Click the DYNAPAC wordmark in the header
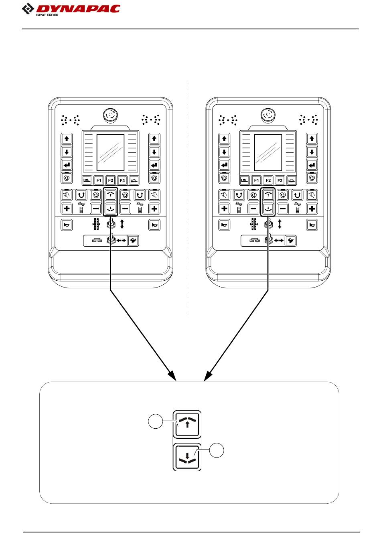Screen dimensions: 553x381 click(78, 8)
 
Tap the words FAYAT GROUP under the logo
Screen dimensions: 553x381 click(47, 15)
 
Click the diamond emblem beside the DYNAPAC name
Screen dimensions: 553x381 click(28, 8)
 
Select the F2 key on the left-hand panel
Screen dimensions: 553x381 click(110, 180)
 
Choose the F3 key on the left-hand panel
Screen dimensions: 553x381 click(122, 180)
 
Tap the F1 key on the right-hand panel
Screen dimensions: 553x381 click(256, 180)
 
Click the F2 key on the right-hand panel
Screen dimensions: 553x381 click(268, 180)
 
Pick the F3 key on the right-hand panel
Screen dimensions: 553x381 click(280, 180)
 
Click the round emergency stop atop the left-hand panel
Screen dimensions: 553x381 click(109, 115)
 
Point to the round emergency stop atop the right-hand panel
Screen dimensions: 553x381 click(267, 115)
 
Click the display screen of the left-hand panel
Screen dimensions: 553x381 click(110, 152)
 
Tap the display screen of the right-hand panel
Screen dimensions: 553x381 click(268, 152)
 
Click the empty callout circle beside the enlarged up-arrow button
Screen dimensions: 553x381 click(155, 422)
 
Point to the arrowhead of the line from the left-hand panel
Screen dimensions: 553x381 click(172, 376)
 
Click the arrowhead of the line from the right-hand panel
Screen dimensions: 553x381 click(208, 376)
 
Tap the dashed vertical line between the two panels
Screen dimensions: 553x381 click(189, 201)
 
